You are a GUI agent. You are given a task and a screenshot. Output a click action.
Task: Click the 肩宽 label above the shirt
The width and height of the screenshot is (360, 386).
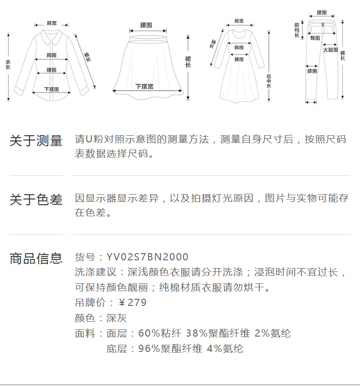point(52,23)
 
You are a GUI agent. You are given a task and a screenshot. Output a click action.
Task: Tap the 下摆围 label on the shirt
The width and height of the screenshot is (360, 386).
point(52,89)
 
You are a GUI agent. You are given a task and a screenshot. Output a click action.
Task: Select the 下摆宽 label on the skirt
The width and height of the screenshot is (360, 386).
point(144,86)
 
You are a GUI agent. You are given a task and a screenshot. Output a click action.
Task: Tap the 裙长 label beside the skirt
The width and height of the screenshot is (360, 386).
point(188,61)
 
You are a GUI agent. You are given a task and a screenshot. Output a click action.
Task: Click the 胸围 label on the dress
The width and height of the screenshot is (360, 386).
point(239,47)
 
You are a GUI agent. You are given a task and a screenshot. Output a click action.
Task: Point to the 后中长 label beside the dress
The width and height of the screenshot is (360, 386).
point(269,82)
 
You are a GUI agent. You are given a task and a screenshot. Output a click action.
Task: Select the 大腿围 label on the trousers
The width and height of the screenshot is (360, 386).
point(330,50)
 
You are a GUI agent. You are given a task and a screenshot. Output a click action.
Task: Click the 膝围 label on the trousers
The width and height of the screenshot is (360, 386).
point(312,71)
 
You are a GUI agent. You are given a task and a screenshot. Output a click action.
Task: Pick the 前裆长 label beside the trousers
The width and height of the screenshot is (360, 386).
point(297,30)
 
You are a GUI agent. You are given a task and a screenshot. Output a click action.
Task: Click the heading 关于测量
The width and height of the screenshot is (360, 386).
point(36,141)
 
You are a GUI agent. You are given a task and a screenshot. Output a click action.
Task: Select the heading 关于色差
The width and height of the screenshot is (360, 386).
point(36,199)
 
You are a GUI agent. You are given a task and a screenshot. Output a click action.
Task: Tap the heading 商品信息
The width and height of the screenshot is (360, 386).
point(36,258)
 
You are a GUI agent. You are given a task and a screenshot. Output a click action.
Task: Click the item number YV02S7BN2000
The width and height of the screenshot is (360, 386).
point(147,257)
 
